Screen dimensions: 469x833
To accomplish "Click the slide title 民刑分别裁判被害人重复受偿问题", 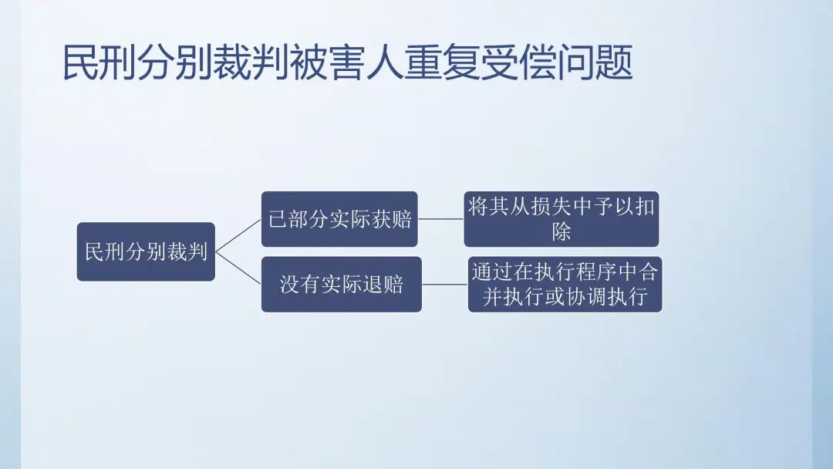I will (x=347, y=63).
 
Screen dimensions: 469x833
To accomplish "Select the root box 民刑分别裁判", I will (x=146, y=251).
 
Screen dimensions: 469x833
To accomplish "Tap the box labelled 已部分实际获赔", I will (x=339, y=219).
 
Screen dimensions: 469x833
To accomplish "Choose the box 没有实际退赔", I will (x=341, y=284).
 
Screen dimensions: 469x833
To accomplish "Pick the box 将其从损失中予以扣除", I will (x=562, y=219).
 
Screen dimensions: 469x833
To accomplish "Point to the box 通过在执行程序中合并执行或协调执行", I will (x=565, y=284).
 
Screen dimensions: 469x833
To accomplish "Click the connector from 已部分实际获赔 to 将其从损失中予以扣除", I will (x=440, y=219).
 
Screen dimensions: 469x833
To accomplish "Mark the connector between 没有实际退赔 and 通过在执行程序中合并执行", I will (x=444, y=284).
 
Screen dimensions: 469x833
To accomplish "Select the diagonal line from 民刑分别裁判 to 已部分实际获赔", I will (x=238, y=235).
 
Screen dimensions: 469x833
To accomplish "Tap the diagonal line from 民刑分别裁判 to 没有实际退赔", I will (x=238, y=268).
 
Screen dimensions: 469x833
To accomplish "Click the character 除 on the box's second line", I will (x=562, y=231).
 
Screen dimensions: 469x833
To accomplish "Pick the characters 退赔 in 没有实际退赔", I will (x=383, y=284).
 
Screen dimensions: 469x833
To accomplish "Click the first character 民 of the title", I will (x=79, y=63).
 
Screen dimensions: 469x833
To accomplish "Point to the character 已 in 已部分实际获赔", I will (x=277, y=219).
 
